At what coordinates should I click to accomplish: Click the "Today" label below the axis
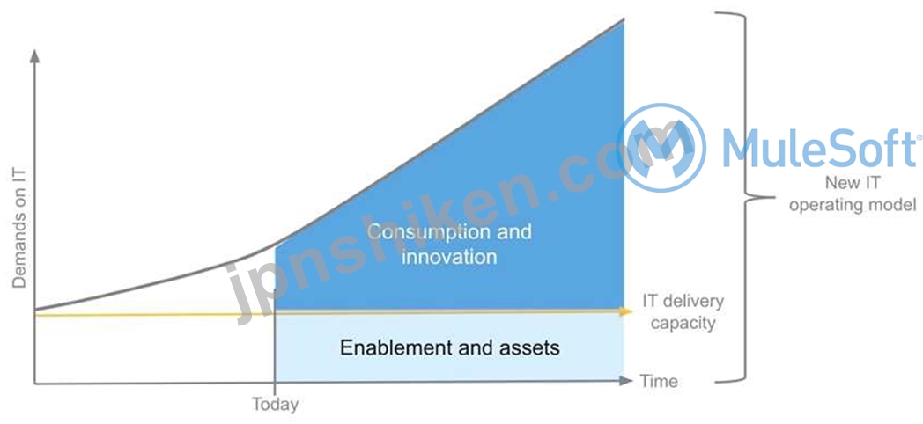(x=275, y=405)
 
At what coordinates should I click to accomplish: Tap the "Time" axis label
(x=659, y=381)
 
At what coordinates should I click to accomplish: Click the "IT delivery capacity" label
(x=683, y=312)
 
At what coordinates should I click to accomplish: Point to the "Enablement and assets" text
(x=450, y=347)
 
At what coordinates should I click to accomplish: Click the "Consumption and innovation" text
(x=449, y=244)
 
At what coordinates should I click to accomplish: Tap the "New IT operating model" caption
(x=853, y=194)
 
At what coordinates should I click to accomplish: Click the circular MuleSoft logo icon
(x=661, y=147)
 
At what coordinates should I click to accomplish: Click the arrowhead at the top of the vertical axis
(x=34, y=55)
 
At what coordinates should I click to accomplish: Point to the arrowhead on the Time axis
(x=626, y=381)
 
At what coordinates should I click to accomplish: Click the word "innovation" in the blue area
(x=449, y=256)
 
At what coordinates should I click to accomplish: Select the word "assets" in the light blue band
(x=528, y=348)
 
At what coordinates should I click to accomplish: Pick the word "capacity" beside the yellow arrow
(x=683, y=324)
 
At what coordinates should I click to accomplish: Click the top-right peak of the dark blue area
(x=624, y=20)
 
